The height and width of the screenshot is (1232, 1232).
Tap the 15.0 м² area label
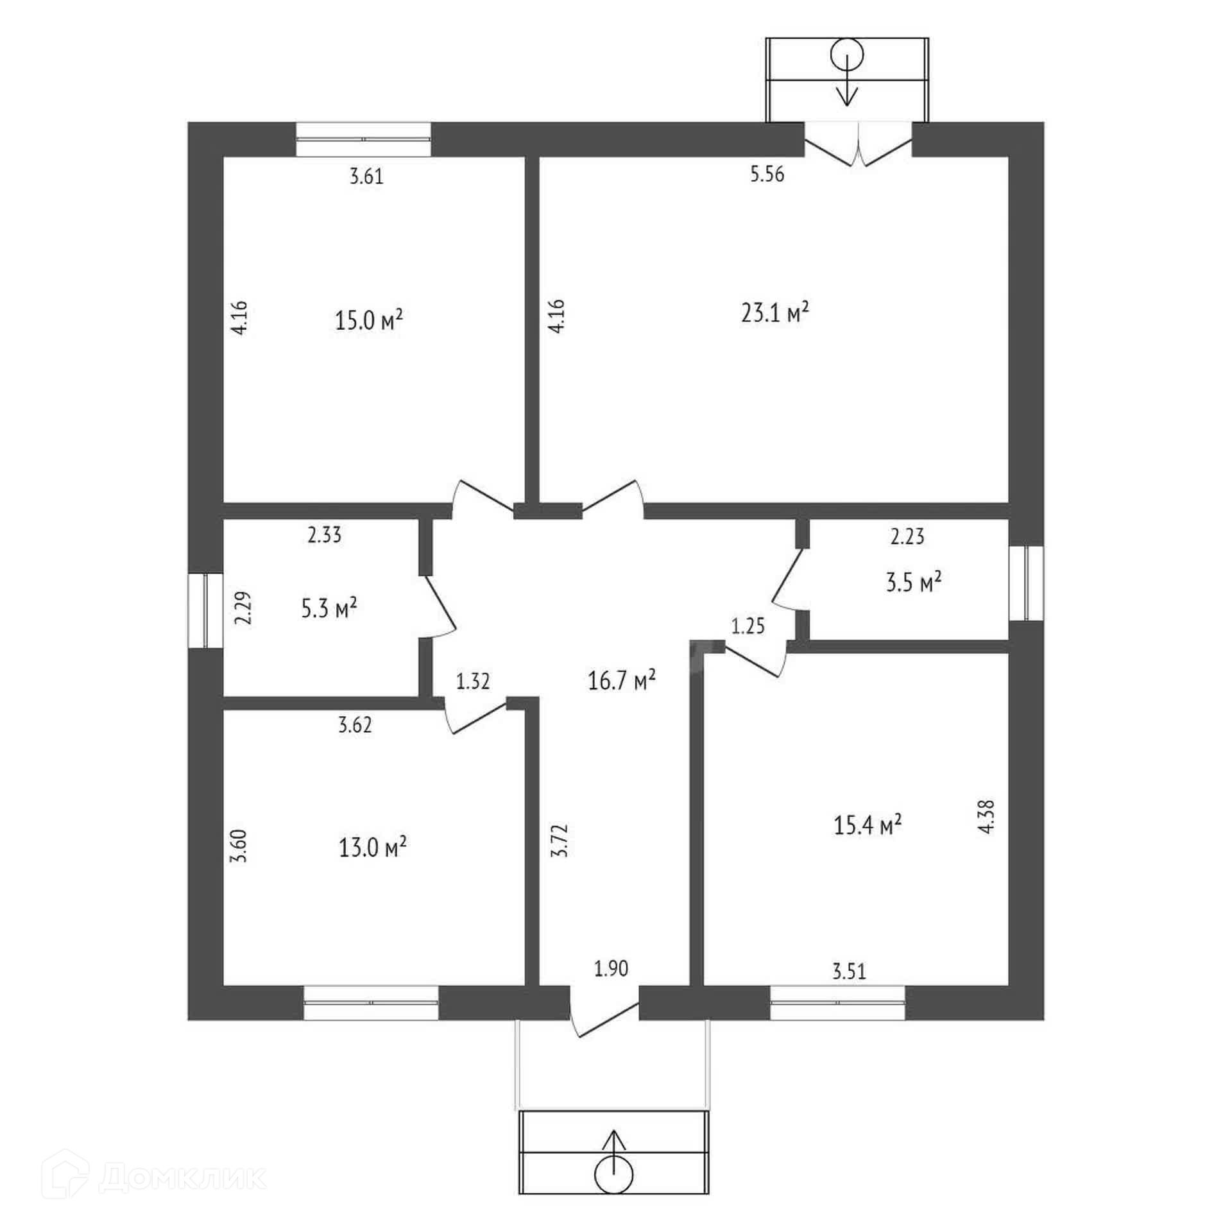(369, 319)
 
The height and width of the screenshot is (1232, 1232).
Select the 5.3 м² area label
(329, 608)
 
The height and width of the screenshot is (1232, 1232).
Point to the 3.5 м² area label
(914, 583)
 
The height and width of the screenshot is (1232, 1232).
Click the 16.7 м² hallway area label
(622, 680)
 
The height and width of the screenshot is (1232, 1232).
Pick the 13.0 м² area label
(373, 849)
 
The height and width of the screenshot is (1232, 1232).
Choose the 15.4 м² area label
(868, 825)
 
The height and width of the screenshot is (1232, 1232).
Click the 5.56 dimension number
(767, 174)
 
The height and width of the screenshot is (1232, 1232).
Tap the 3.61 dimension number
(366, 176)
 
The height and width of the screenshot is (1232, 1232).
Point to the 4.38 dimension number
(988, 816)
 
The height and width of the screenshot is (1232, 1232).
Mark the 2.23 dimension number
(908, 536)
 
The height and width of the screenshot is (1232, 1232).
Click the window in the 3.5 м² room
(1026, 583)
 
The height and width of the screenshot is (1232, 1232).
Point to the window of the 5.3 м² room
(205, 610)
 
